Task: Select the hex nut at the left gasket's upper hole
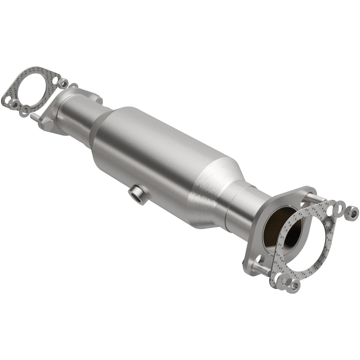click(x=63, y=82)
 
